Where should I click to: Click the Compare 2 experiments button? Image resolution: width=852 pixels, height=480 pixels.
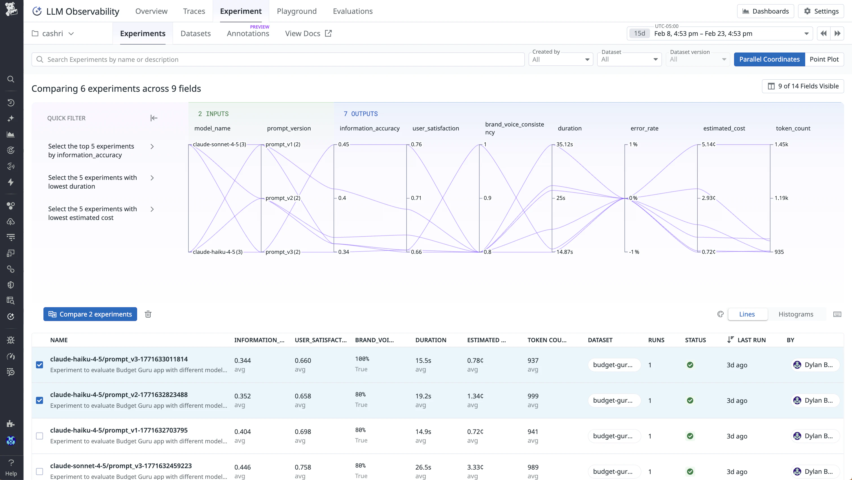pos(90,314)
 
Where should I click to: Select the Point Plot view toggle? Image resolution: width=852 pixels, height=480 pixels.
pos(824,59)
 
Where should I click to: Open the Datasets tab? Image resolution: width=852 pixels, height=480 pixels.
pos(196,33)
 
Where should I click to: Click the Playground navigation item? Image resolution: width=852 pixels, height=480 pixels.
pos(296,11)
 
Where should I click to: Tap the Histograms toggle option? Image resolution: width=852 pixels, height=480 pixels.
pos(796,314)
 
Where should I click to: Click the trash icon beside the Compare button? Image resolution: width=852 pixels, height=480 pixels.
pos(148,314)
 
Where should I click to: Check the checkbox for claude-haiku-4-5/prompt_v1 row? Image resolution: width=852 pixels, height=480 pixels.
pos(39,436)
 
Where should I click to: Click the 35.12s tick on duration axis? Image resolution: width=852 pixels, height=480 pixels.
pos(564,144)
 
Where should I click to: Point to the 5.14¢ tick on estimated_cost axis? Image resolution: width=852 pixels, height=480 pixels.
pos(708,144)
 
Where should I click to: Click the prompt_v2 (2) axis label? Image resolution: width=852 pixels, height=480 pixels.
pos(282,198)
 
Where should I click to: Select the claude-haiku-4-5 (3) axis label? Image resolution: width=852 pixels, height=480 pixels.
pos(217,252)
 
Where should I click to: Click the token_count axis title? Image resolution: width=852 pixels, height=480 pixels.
pos(793,128)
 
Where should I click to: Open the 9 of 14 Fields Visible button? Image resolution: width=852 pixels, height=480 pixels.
pos(803,86)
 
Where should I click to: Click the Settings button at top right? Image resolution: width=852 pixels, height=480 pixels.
pos(821,11)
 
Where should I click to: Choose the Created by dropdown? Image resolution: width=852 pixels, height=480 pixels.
pos(560,60)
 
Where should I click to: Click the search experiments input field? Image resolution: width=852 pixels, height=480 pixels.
pos(278,60)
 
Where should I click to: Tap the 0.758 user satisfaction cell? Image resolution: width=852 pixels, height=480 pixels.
pos(303,467)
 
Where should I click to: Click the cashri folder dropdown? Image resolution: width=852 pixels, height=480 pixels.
pos(53,33)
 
